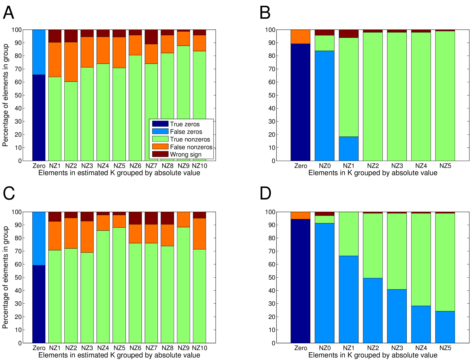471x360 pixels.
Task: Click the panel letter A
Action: (9, 13)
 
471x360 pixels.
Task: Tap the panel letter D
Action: (265, 193)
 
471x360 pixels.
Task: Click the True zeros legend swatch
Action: (160, 124)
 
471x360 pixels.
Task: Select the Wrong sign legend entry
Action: (186, 155)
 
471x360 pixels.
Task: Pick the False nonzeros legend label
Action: (191, 147)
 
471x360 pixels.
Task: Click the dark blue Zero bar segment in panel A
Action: (39, 118)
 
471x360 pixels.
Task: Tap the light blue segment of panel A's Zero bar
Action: (39, 52)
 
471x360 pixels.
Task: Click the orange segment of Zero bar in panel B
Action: (300, 37)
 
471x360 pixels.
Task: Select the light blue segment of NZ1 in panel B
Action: (348, 149)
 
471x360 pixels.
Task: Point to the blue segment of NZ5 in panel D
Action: (445, 327)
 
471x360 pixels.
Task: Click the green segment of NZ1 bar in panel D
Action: (348, 234)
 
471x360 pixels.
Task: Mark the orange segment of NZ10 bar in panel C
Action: (199, 233)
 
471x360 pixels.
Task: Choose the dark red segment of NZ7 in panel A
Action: (151, 37)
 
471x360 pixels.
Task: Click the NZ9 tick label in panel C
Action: (183, 348)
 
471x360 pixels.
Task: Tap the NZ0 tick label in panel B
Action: (324, 166)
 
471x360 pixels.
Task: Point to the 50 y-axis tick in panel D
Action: (271, 277)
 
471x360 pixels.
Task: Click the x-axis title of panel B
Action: (372, 173)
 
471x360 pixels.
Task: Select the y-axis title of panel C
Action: (5, 277)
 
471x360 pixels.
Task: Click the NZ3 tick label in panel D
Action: (397, 348)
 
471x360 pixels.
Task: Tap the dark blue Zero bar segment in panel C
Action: (39, 304)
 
